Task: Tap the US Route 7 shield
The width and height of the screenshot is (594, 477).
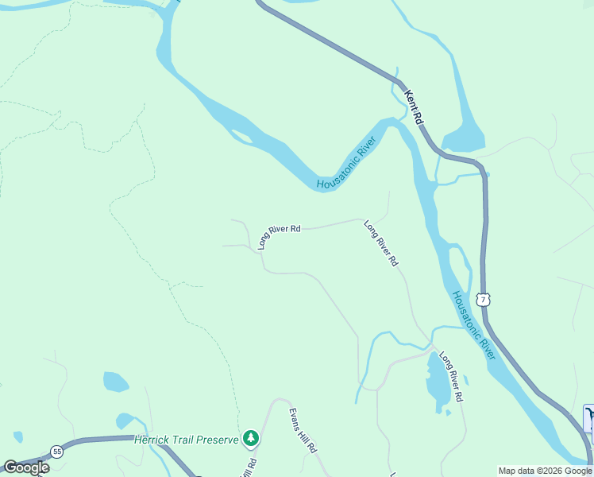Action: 483,299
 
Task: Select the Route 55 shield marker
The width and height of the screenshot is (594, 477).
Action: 57,452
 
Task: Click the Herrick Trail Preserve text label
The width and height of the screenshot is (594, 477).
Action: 187,440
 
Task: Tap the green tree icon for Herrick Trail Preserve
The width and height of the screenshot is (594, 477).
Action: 251,437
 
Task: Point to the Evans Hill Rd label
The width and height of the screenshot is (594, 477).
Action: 303,430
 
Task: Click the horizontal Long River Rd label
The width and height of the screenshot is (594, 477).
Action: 279,236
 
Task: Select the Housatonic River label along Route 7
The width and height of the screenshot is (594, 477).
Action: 474,325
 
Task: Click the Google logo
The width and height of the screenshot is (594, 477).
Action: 26,467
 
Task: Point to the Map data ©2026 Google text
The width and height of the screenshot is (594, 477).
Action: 545,471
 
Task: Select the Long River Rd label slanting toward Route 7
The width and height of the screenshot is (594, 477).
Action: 381,242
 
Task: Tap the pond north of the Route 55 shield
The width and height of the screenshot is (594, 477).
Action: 115,382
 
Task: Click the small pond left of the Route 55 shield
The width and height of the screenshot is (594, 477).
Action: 17,436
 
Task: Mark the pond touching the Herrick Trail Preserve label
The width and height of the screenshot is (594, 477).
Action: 125,421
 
